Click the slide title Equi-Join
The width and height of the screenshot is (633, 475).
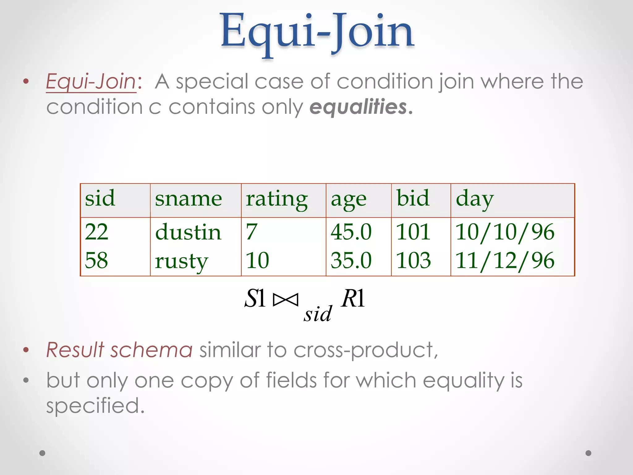click(317, 32)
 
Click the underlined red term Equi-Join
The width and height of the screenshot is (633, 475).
click(91, 82)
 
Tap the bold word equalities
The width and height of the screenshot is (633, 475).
click(359, 107)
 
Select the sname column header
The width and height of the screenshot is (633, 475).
click(188, 199)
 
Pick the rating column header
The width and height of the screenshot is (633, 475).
click(277, 199)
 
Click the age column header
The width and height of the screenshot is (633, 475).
click(348, 200)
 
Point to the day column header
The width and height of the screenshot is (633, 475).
click(474, 199)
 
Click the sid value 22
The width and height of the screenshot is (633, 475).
click(96, 232)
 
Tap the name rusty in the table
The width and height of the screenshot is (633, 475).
click(181, 261)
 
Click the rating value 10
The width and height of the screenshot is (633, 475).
click(257, 260)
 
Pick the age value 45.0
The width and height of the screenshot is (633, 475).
click(351, 232)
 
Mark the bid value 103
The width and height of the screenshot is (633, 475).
click(413, 260)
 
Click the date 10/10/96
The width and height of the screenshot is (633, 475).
click(505, 232)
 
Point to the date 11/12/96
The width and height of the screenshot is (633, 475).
click(505, 261)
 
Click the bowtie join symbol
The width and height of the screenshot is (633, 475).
click(286, 299)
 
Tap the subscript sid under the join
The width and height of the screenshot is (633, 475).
click(317, 314)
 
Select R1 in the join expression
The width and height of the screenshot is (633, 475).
click(353, 298)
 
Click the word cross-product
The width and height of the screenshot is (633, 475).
click(365, 350)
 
